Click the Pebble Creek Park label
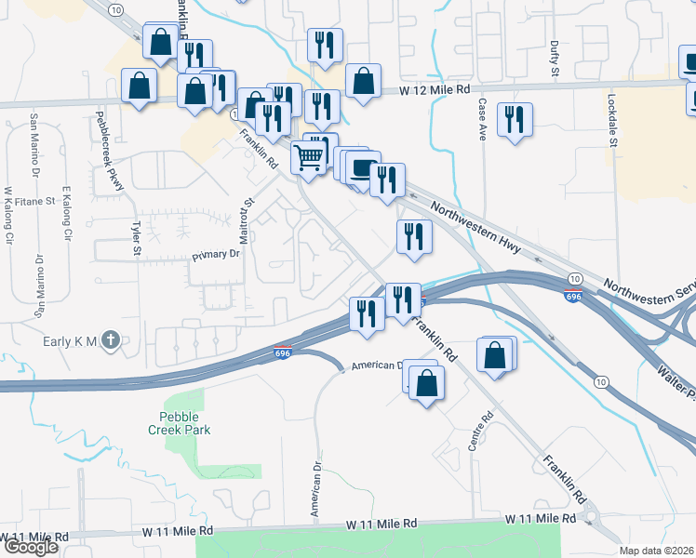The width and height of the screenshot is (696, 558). click(179, 423)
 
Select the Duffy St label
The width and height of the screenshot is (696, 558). click(555, 58)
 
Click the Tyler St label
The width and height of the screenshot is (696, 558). click(136, 237)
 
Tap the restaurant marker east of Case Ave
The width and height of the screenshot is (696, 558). click(515, 120)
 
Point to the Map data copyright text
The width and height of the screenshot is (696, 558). click(657, 551)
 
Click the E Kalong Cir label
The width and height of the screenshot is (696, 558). click(67, 214)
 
